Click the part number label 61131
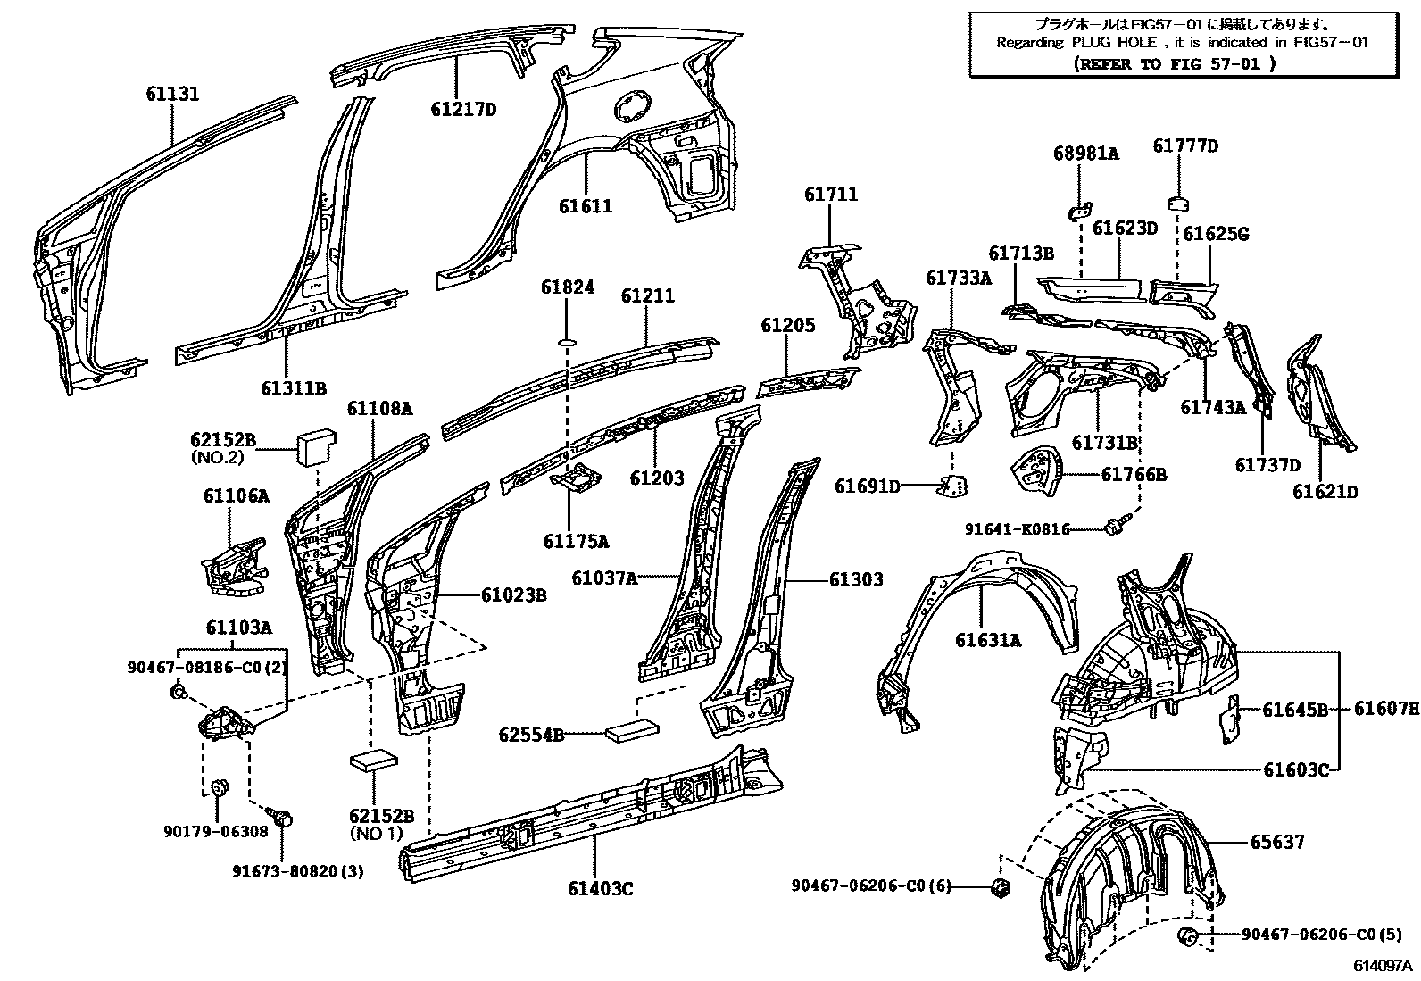(x=173, y=94)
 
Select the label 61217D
(x=462, y=110)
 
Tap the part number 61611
(x=586, y=206)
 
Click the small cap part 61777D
(x=1179, y=201)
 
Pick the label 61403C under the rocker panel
(x=599, y=888)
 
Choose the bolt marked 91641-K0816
(x=1113, y=527)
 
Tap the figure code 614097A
(x=1383, y=966)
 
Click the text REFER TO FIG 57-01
(x=1176, y=63)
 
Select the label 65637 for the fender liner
(x=1276, y=841)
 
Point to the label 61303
(x=856, y=579)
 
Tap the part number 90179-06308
(x=215, y=831)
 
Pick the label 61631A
(x=988, y=640)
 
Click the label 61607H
(x=1385, y=710)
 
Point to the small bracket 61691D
(x=954, y=486)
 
